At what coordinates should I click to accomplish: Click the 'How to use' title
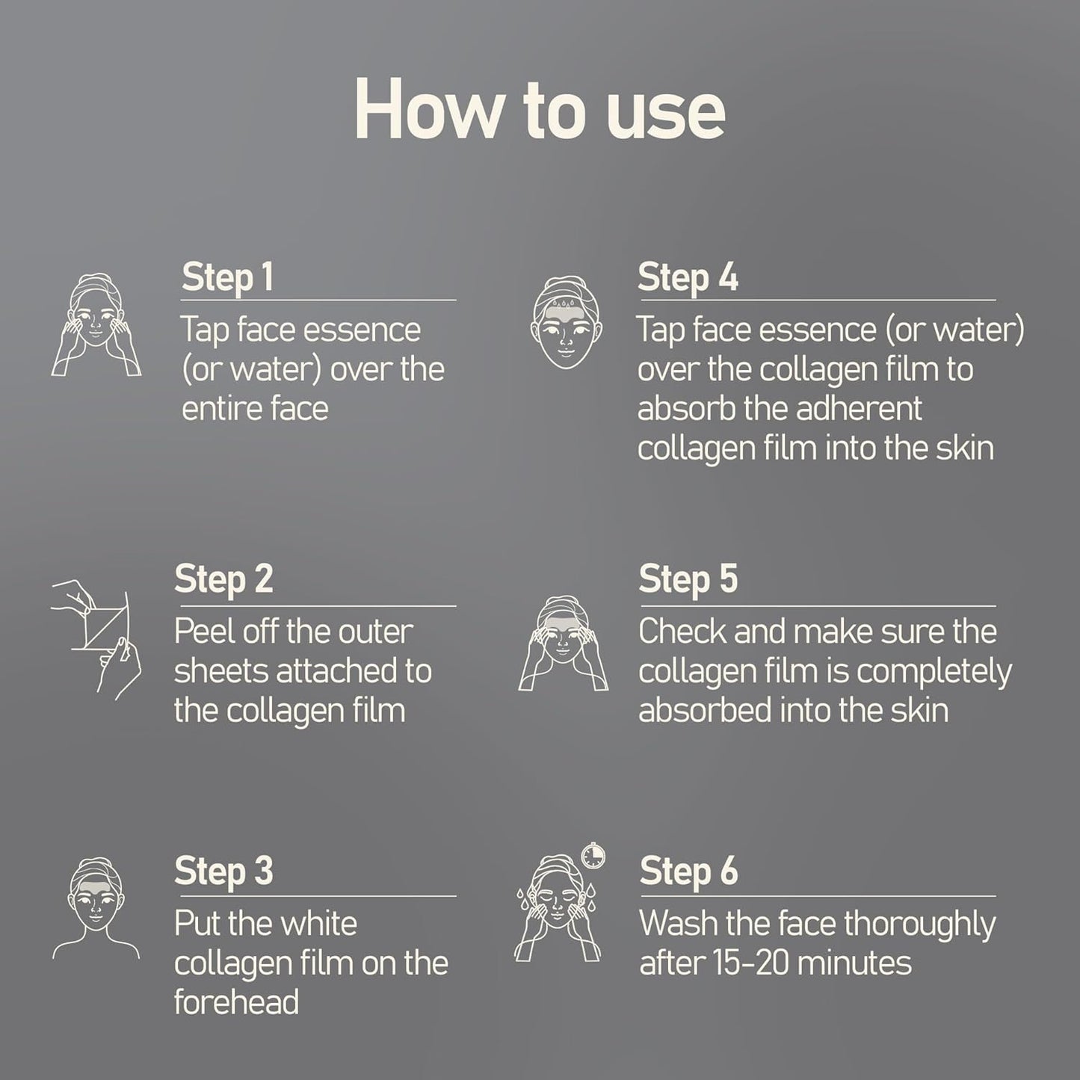(x=540, y=108)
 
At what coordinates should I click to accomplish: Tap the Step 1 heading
(x=227, y=277)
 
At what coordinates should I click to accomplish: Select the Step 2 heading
(x=223, y=579)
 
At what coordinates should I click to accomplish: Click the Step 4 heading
(x=688, y=277)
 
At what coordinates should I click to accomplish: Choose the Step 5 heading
(x=688, y=579)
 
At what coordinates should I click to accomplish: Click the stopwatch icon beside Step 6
(x=593, y=855)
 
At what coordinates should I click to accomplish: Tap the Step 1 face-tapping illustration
(x=96, y=324)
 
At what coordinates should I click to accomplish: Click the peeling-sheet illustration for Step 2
(x=96, y=640)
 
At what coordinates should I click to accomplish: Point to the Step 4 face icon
(x=567, y=321)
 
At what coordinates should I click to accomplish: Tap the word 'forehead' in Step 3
(x=236, y=1002)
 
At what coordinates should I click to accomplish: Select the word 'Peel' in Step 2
(x=198, y=632)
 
